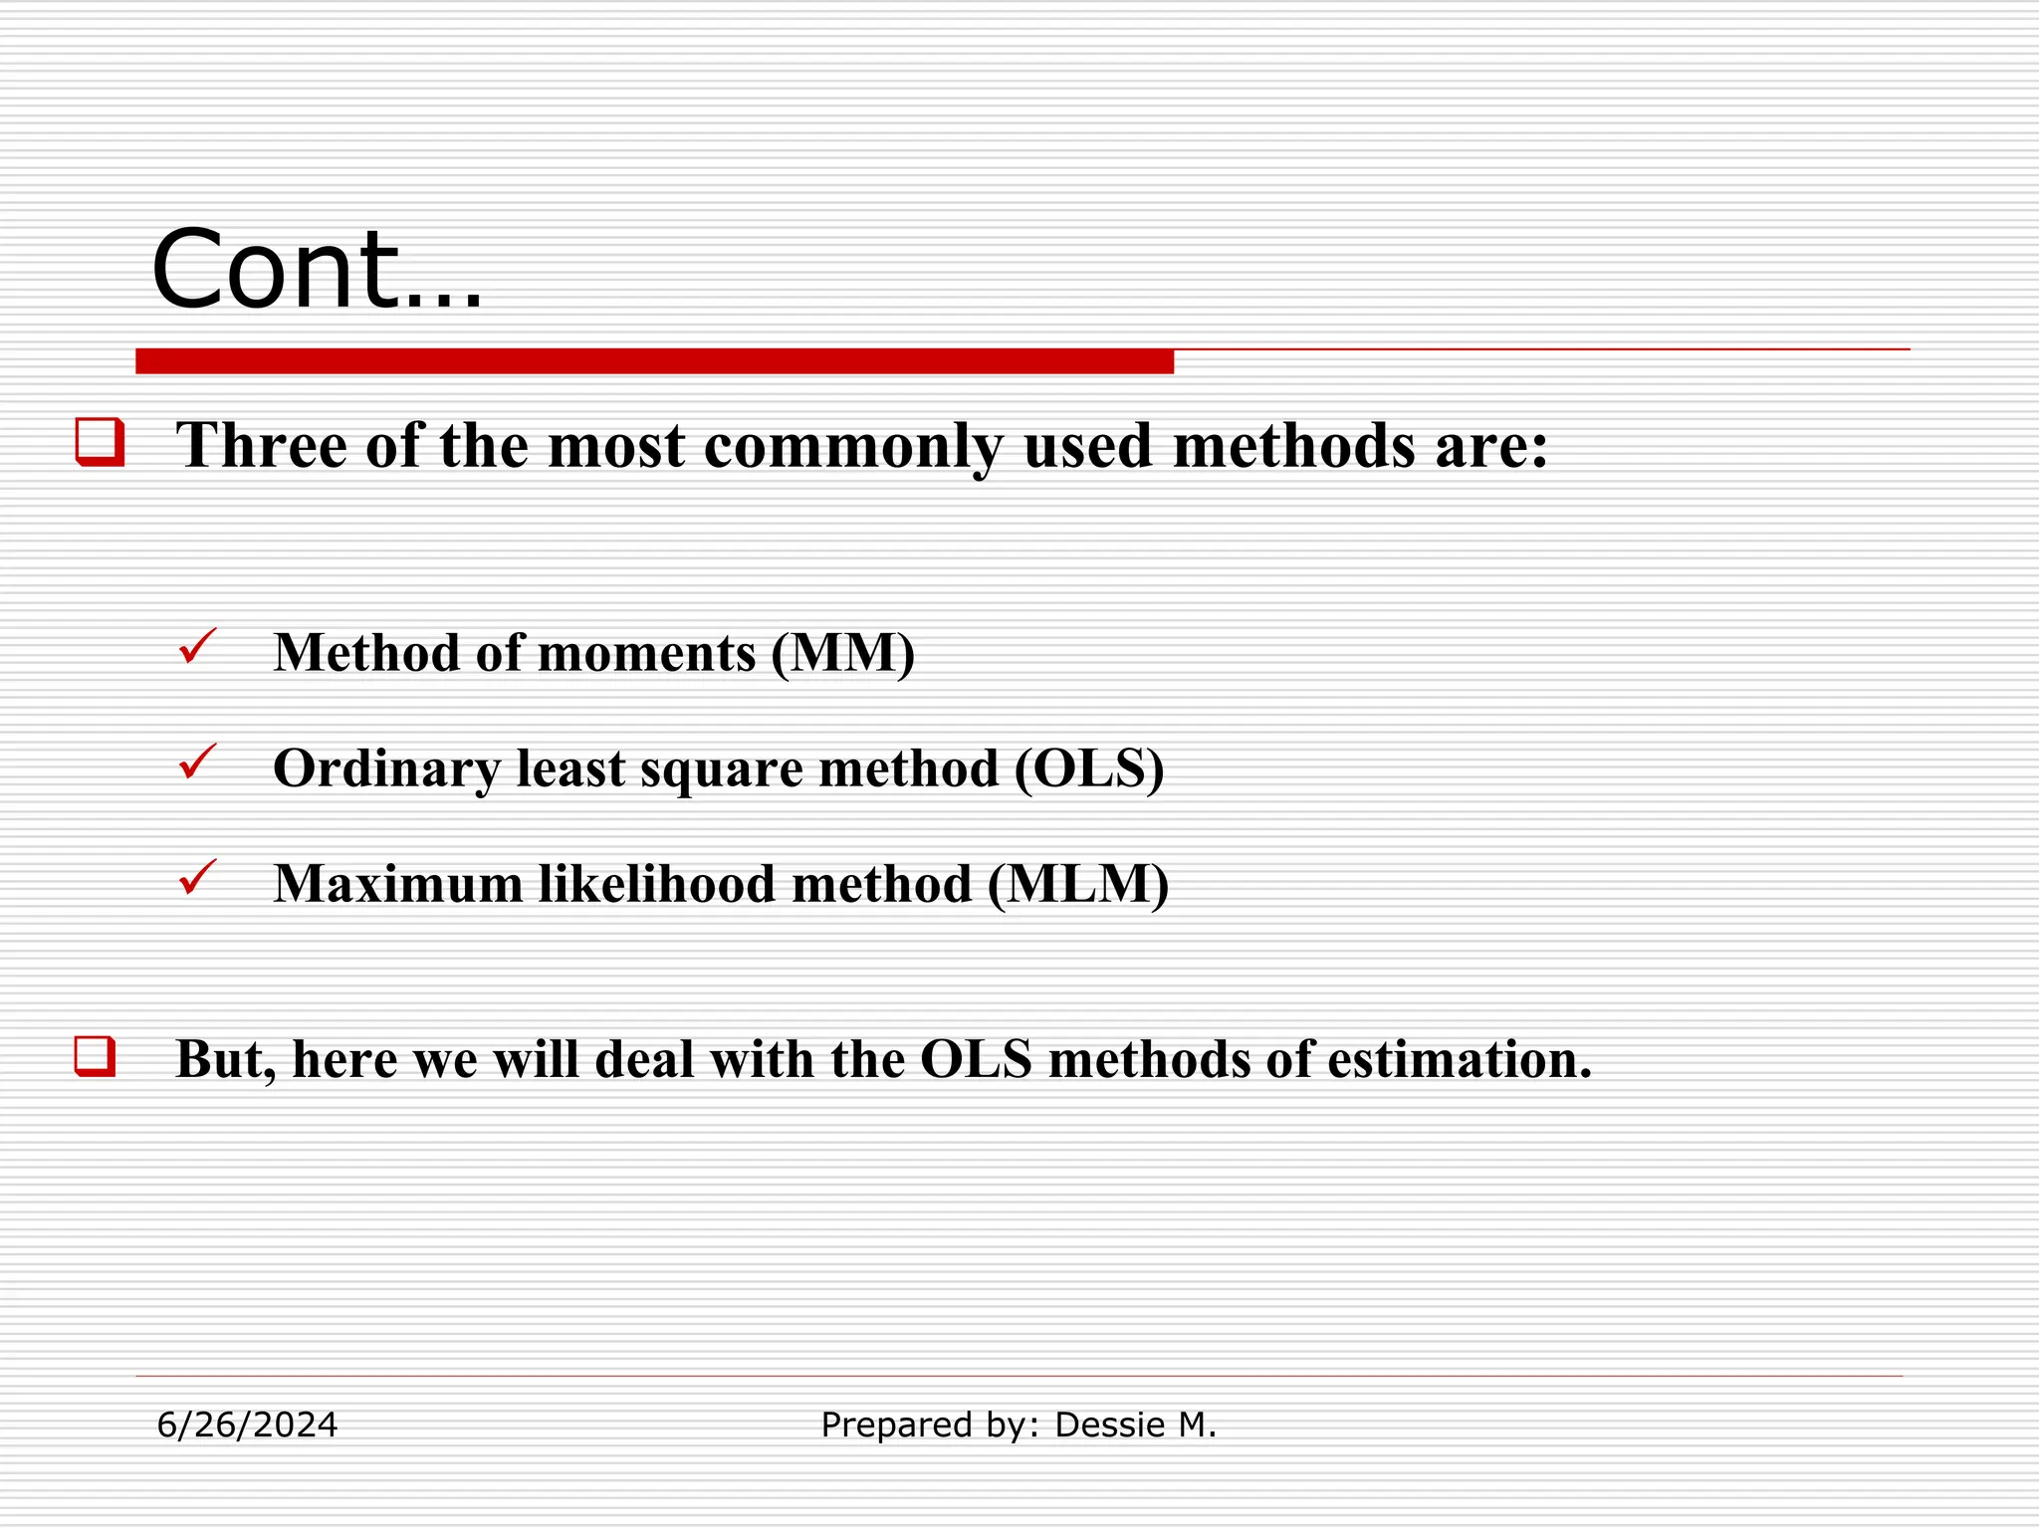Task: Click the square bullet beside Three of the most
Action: (101, 442)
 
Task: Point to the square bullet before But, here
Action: (96, 1056)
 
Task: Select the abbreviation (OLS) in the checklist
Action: (1089, 769)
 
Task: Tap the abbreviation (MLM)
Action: (1078, 885)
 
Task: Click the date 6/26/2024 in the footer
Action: (247, 1425)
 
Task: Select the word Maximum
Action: (398, 885)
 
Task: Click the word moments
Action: (646, 654)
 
